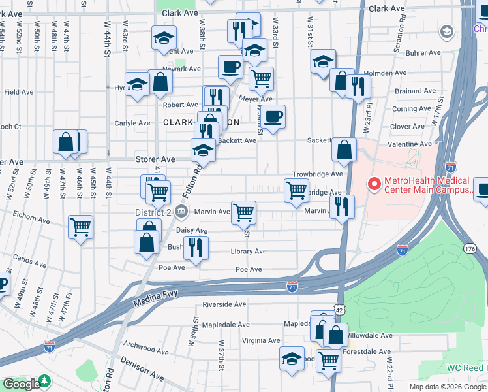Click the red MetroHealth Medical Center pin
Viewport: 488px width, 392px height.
374,184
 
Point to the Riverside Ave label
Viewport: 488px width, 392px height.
224,304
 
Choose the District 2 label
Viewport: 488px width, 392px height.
152,211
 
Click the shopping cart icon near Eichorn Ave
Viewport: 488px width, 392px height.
81,227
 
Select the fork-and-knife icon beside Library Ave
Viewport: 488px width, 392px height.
194,247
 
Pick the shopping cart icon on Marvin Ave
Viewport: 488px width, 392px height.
243,211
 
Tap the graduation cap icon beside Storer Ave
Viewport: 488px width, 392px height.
203,150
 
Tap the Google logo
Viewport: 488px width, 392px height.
21,384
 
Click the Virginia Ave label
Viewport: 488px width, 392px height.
261,340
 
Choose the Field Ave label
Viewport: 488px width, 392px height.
18,92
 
